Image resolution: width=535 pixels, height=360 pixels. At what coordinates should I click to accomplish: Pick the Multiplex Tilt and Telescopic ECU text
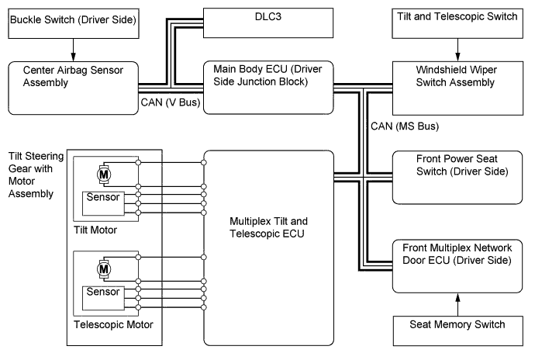[268, 226]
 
